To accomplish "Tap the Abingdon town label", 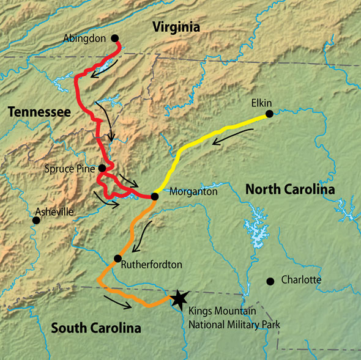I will click(x=84, y=38).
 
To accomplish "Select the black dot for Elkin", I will click(x=269, y=114).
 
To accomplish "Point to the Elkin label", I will click(x=261, y=103).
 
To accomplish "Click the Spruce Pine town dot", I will click(x=102, y=168).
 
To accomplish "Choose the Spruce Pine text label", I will click(x=70, y=167).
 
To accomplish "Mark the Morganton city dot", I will click(x=154, y=196).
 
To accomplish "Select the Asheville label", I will click(x=54, y=211).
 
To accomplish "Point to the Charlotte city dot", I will click(x=270, y=281).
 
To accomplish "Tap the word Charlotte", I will click(x=301, y=280).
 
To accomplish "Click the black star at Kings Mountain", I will click(x=178, y=298).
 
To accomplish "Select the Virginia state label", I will click(x=176, y=26).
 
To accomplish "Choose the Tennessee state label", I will click(x=39, y=111).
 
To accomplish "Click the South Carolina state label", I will click(x=95, y=328).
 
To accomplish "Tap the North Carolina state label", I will click(x=290, y=190).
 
